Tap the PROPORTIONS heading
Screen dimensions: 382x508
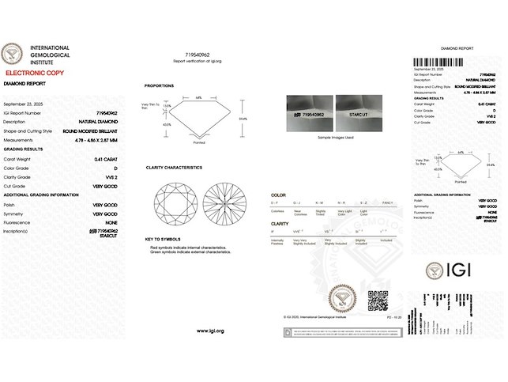[x=160, y=86]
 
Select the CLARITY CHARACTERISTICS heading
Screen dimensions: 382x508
[x=174, y=168]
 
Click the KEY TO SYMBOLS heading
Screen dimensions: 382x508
[x=164, y=238]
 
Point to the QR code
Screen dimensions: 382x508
[x=378, y=300]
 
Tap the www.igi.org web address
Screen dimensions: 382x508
[x=210, y=331]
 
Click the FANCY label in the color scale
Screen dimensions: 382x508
[x=387, y=203]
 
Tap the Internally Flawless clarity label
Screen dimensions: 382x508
[x=278, y=242]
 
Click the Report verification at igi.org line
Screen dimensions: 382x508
[x=198, y=61]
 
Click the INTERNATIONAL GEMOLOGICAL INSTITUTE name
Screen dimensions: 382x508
[x=50, y=55]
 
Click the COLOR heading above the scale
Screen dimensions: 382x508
[x=278, y=195]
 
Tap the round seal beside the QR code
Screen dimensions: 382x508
[x=344, y=298]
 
